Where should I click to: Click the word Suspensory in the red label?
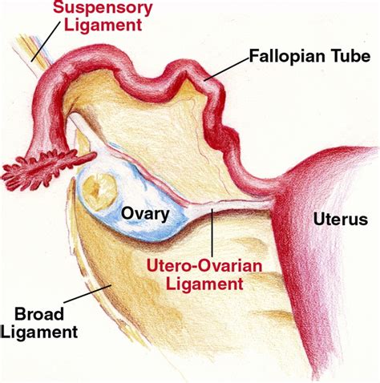click(103, 9)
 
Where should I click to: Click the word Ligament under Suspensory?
click(103, 25)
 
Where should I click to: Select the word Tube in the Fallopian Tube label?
click(350, 56)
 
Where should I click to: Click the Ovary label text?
click(145, 214)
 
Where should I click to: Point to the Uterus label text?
click(341, 219)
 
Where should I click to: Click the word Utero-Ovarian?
click(204, 267)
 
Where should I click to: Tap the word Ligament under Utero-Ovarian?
click(204, 284)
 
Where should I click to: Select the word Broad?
click(39, 314)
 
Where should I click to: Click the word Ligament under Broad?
click(39, 332)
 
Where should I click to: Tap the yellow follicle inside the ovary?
click(99, 191)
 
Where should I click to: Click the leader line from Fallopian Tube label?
click(227, 69)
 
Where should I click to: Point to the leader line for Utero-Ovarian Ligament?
click(212, 232)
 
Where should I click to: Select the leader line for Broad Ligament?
click(87, 294)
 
